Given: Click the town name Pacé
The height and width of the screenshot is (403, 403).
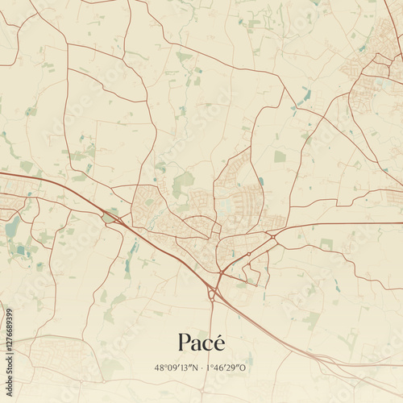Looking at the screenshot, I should tap(201, 342).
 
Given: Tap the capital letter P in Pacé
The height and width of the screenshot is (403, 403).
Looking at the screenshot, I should tap(184, 342).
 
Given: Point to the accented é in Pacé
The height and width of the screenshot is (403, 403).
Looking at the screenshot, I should tap(218, 342).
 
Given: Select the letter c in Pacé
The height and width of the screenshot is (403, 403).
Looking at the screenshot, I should tap(207, 343).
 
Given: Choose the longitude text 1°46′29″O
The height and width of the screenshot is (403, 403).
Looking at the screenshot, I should tap(229, 368).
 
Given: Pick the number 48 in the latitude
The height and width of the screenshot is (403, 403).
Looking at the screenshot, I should tap(159, 368).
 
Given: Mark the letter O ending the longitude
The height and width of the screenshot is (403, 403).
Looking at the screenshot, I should tap(246, 368).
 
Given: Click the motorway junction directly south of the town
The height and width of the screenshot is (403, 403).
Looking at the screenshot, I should tap(212, 295).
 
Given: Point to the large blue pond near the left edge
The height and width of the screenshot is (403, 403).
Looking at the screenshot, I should tap(12, 226).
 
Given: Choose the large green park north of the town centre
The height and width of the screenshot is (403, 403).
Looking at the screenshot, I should tap(183, 183).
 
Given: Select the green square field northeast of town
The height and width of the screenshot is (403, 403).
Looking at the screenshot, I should tap(280, 156).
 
